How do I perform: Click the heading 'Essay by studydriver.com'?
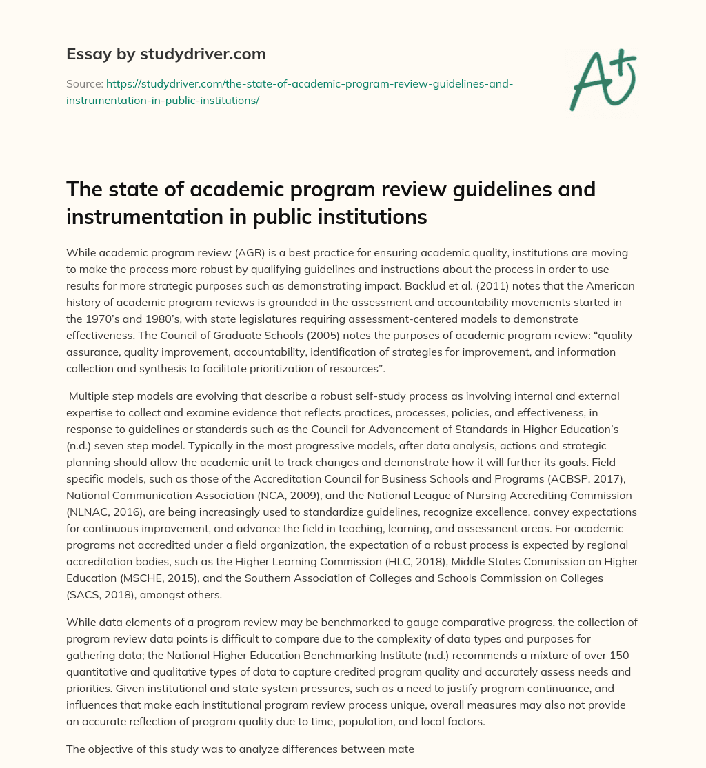(x=166, y=53)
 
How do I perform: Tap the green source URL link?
(x=290, y=92)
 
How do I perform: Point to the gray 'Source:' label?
(x=84, y=83)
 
